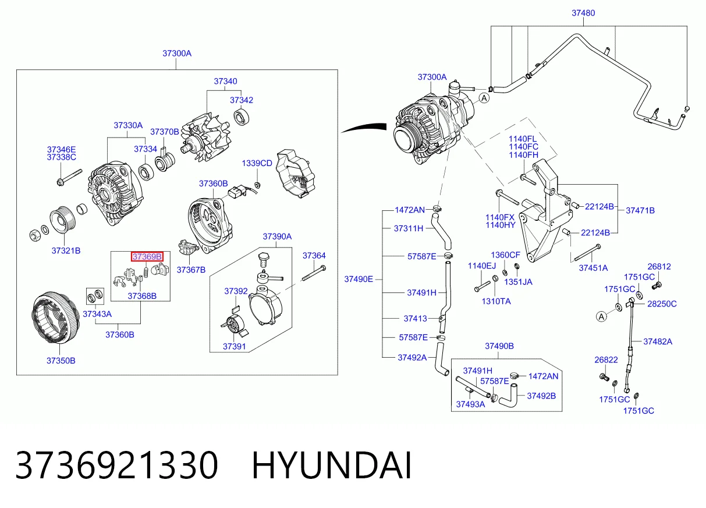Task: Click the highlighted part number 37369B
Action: coord(147,256)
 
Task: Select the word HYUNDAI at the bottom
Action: coord(332,465)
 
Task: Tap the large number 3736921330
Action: coord(116,465)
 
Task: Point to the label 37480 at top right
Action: coord(583,13)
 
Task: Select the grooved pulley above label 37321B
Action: coord(63,220)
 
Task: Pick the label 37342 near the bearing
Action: coord(242,100)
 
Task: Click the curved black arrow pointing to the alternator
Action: coord(364,127)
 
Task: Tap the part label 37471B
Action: coord(640,210)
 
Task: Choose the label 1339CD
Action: coord(257,163)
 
